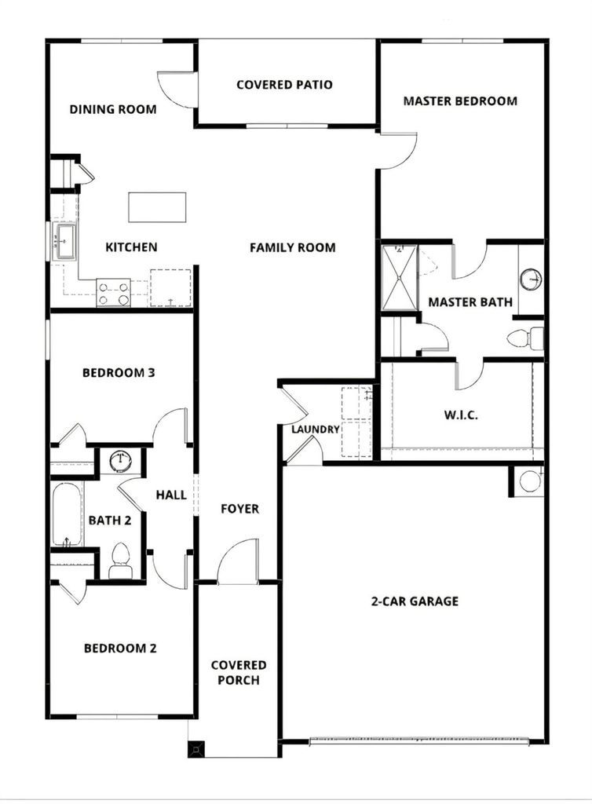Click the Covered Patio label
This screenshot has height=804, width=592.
284,85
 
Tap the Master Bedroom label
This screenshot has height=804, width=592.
460,101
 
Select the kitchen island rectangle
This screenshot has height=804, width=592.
157,207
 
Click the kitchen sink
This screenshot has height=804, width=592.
66,241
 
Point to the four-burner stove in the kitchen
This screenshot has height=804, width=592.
113,294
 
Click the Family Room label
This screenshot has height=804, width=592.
293,247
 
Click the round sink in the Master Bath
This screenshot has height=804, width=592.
531,280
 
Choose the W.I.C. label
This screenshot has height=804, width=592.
461,415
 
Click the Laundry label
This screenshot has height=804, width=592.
315,429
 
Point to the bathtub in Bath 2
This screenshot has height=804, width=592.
68,514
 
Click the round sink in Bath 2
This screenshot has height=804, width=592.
121,460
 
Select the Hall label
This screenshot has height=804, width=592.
171,495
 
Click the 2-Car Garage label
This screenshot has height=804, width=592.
415,601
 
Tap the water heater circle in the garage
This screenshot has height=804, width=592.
529,481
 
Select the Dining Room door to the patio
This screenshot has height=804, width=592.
177,90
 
